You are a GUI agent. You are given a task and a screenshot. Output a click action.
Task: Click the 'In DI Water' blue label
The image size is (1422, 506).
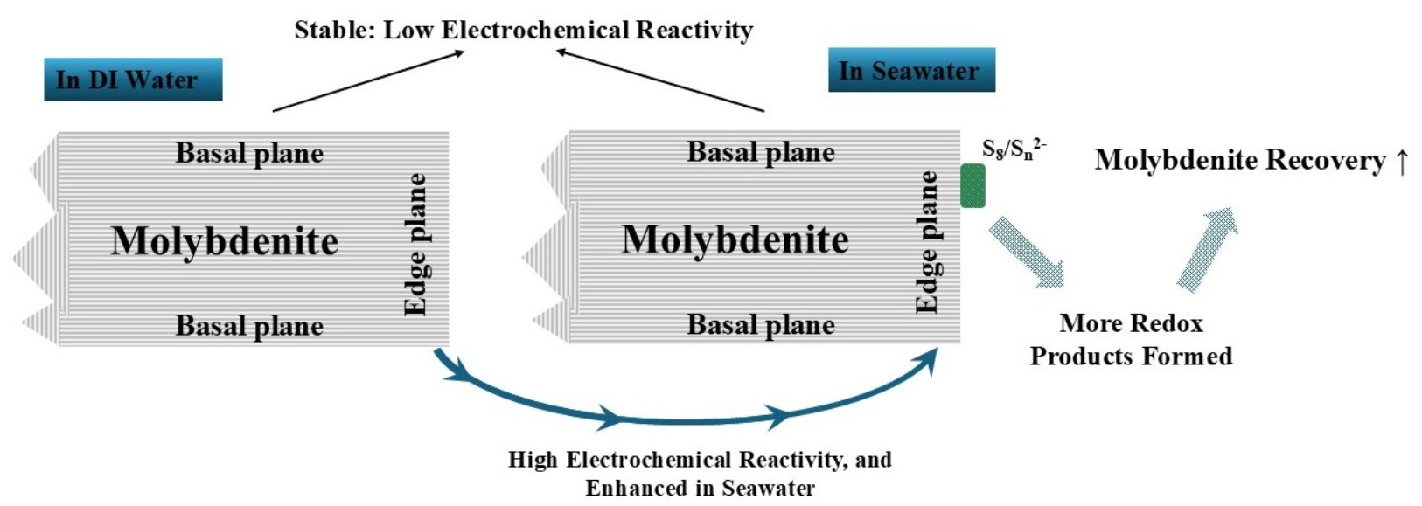(133, 80)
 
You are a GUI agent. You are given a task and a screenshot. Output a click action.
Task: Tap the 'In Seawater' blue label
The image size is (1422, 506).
(911, 71)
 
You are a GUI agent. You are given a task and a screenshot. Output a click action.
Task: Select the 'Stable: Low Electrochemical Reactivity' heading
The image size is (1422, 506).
(523, 30)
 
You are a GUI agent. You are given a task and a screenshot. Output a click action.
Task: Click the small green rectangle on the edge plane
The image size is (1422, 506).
(972, 185)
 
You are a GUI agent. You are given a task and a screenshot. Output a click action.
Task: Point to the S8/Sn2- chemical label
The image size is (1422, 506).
(1013, 149)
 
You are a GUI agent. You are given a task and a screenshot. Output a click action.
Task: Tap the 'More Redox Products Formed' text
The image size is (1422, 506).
(1131, 340)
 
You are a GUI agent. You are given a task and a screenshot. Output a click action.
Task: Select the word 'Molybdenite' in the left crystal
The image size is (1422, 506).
(225, 241)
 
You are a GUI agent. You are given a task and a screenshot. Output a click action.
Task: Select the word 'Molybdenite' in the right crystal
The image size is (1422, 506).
(735, 239)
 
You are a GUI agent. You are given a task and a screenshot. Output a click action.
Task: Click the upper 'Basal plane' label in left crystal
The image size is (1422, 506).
(249, 153)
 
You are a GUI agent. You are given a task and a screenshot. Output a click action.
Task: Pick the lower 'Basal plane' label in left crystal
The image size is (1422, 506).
(249, 326)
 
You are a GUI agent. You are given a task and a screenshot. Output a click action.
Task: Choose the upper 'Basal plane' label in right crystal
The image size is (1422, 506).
(761, 152)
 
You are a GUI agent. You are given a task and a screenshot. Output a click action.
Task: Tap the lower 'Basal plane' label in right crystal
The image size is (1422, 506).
(761, 325)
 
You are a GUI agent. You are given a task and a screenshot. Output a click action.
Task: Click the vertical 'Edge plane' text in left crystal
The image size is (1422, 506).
(415, 244)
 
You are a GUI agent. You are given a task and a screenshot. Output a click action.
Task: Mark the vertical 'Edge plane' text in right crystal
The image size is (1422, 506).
(927, 242)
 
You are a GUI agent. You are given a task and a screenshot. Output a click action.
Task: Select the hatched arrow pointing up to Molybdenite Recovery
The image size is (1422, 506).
(1208, 248)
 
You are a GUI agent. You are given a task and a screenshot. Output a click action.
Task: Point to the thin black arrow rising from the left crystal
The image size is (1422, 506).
(367, 81)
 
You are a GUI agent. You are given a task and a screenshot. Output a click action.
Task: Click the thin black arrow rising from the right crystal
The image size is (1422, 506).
(660, 81)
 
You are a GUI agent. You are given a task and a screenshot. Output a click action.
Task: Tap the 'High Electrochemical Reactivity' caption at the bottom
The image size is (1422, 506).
(700, 473)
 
